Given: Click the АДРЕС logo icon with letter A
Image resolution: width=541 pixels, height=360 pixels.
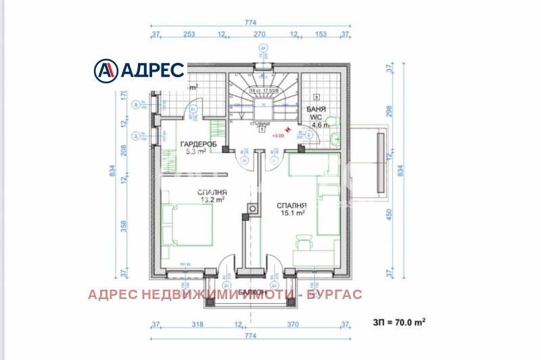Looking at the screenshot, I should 105,70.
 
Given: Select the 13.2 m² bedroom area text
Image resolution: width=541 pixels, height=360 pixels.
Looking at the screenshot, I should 212,200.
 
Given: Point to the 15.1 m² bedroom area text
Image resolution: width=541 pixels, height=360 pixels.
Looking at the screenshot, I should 292,212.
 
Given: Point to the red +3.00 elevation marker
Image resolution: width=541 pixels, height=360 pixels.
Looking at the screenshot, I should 278,135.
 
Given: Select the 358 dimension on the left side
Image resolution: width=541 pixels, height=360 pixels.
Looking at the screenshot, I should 122,225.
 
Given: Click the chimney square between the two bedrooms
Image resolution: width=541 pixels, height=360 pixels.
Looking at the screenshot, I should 254,210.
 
